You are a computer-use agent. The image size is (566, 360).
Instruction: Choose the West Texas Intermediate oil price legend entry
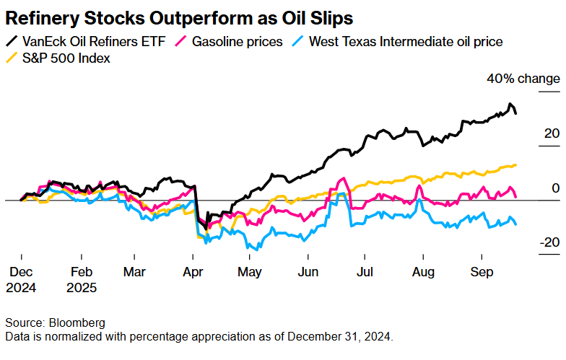[405, 41]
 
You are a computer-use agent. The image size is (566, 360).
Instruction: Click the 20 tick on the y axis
[551, 133]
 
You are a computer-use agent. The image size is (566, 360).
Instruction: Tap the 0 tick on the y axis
[554, 188]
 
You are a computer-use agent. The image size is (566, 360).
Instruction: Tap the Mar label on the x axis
[135, 272]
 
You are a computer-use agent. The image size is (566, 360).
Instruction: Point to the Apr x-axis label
[193, 272]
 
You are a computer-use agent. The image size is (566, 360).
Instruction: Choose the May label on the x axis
[250, 272]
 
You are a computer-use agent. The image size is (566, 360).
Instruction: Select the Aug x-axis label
[423, 272]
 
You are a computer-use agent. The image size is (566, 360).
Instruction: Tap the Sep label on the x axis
[481, 272]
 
